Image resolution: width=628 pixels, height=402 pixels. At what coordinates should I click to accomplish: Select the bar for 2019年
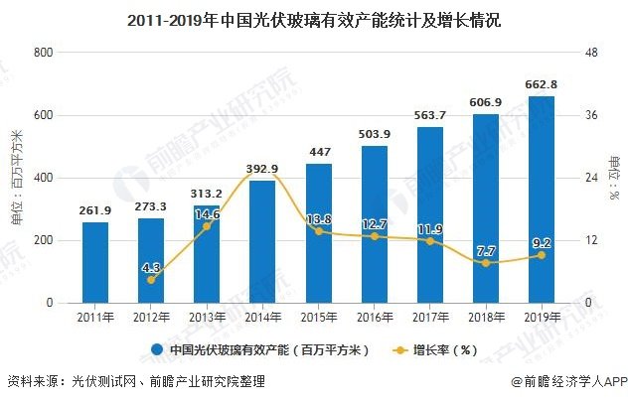click(x=542, y=199)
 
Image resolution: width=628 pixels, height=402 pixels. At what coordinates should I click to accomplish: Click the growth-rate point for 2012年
click(x=151, y=280)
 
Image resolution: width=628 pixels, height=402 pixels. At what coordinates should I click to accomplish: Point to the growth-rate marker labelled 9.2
click(x=542, y=255)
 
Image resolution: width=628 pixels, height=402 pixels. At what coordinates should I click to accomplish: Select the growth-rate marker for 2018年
click(x=486, y=263)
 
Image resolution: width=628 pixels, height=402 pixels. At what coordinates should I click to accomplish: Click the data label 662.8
click(x=542, y=84)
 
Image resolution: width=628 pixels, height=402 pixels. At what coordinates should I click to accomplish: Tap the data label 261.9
click(x=95, y=210)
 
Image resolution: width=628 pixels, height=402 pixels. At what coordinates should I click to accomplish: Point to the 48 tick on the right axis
click(x=588, y=52)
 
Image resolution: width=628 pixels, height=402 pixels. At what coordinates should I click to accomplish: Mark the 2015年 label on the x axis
click(x=318, y=317)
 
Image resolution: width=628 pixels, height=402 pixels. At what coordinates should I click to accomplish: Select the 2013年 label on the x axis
click(x=207, y=317)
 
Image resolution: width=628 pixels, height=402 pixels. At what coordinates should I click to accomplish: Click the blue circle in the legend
click(x=157, y=349)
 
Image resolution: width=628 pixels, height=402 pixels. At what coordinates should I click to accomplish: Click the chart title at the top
click(x=314, y=17)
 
